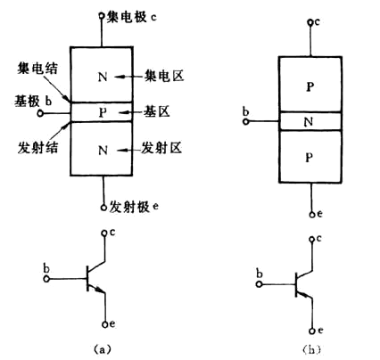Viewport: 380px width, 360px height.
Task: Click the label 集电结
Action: (33, 70)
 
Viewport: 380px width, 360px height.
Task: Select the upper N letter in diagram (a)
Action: (104, 77)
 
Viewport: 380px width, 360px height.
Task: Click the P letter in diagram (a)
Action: (104, 112)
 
